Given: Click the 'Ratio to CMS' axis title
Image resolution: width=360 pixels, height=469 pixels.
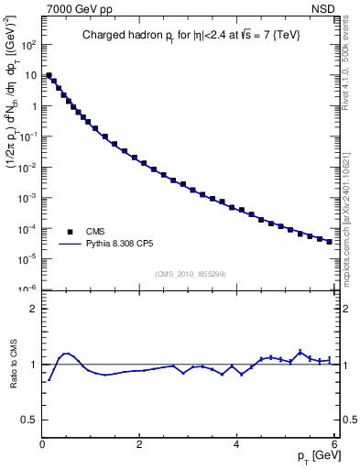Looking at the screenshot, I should tap(13, 365).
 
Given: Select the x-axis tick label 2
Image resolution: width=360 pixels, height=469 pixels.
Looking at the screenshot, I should tap(139, 445).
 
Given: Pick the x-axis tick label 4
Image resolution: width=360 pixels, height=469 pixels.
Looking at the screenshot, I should tap(237, 445).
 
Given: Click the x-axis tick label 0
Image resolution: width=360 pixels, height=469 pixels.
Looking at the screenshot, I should tap(42, 445).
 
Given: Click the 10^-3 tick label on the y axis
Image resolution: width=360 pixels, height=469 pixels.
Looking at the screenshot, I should tap(27, 197).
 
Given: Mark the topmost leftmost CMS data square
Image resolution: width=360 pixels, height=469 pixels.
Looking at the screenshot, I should tap(49, 75).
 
